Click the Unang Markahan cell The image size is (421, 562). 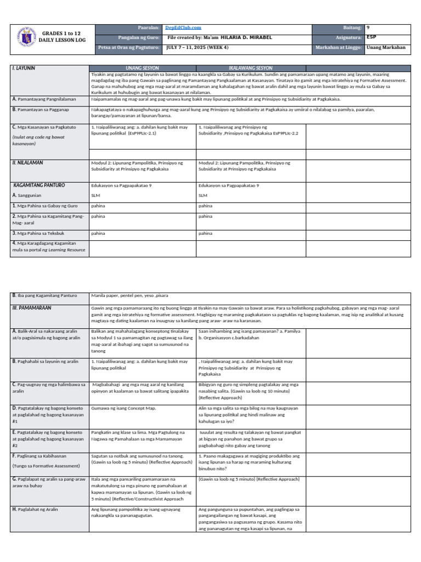386,47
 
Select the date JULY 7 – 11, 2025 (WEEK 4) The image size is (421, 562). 197,47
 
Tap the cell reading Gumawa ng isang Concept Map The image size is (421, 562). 121,409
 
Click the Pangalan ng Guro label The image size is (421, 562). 140,37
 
